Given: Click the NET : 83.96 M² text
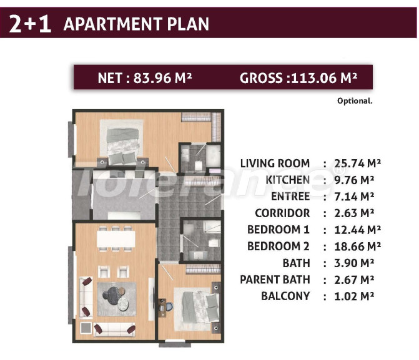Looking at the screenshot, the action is pyautogui.click(x=145, y=78).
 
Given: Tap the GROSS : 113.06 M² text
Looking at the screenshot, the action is pyautogui.click(x=298, y=78).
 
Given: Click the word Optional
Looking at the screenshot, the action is pyautogui.click(x=355, y=101).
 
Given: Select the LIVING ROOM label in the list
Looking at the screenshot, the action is pyautogui.click(x=275, y=163).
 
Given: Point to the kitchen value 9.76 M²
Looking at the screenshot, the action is pyautogui.click(x=354, y=180).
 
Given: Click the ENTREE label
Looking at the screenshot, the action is pyautogui.click(x=290, y=197).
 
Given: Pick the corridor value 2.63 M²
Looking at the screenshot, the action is pyautogui.click(x=354, y=213).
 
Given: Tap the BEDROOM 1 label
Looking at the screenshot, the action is pyautogui.click(x=278, y=230).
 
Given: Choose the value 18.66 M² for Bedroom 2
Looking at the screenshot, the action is pyautogui.click(x=358, y=246).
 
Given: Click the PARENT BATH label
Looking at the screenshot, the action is pyautogui.click(x=275, y=280).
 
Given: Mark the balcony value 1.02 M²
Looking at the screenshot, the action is pyautogui.click(x=354, y=296).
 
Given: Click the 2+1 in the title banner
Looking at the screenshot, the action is pyautogui.click(x=30, y=24).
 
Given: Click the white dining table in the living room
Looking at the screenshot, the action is pyautogui.click(x=116, y=239).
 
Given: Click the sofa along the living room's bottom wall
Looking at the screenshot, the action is pyautogui.click(x=115, y=329).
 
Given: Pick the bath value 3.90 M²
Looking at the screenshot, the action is pyautogui.click(x=354, y=263).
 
